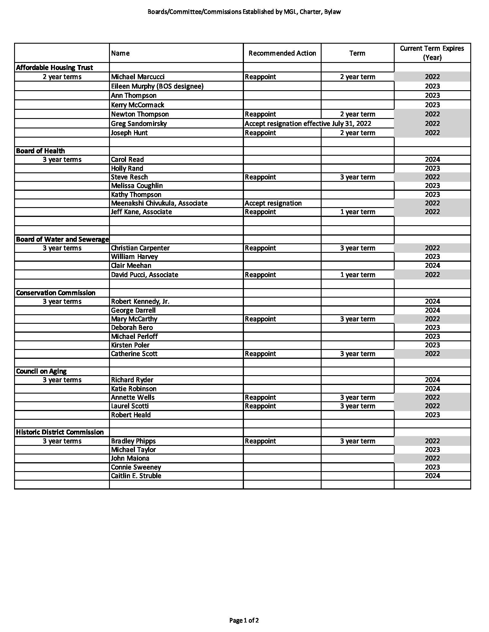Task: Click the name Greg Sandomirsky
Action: pyautogui.click(x=139, y=124)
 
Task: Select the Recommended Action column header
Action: pyautogui.click(x=282, y=53)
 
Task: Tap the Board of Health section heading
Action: pyautogui.click(x=40, y=151)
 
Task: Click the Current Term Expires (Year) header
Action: pyautogui.click(x=432, y=53)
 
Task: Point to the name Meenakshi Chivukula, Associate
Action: pyautogui.click(x=159, y=203)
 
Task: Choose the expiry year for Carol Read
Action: pyautogui.click(x=432, y=159)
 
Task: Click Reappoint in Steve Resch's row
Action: pyautogui.click(x=260, y=177)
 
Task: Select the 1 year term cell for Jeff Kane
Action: pyautogui.click(x=358, y=212)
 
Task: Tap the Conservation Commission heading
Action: pyautogui.click(x=56, y=293)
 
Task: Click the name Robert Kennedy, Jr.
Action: pyautogui.click(x=140, y=302)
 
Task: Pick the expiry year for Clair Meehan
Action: pyautogui.click(x=432, y=265)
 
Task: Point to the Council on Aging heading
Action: pyautogui.click(x=41, y=371)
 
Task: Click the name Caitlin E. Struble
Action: pyautogui.click(x=136, y=476)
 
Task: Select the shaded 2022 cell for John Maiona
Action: pyautogui.click(x=432, y=458)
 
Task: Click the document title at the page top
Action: pyautogui.click(x=244, y=12)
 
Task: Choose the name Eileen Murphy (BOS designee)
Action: pyautogui.click(x=157, y=86)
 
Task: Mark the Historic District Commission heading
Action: pyautogui.click(x=60, y=432)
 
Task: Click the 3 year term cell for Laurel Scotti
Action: pyautogui.click(x=358, y=406)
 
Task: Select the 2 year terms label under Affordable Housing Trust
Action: pyautogui.click(x=62, y=77)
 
